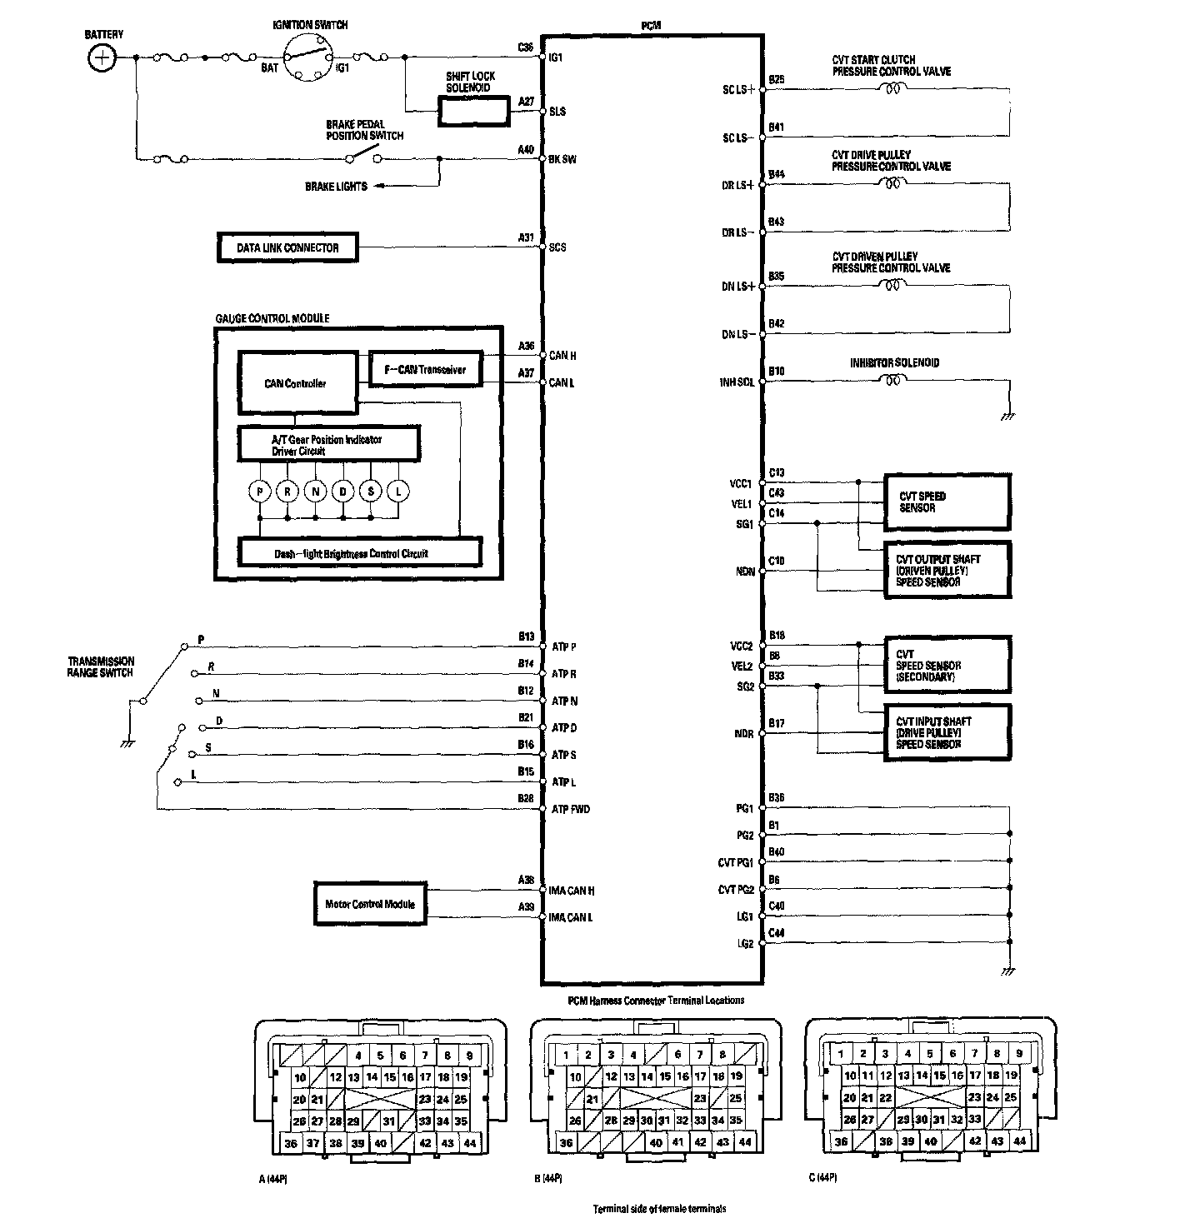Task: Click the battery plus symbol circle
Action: pos(102,57)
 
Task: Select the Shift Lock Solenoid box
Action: pos(473,111)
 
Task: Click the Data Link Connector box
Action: pos(287,247)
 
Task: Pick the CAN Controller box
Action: pos(296,383)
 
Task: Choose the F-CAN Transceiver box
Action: pos(425,369)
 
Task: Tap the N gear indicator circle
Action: pos(315,492)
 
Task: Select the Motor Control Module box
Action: pos(370,903)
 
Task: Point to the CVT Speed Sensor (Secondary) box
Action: pos(947,665)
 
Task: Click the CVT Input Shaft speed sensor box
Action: pos(947,733)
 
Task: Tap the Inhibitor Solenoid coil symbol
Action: pos(892,381)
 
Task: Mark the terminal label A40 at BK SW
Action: pos(525,150)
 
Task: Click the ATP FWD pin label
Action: pos(571,809)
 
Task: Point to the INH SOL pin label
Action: pos(737,382)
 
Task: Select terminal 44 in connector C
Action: pos(1019,1141)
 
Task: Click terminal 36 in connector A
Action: pos(290,1143)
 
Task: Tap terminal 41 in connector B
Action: pos(677,1142)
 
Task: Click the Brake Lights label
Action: pos(336,187)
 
